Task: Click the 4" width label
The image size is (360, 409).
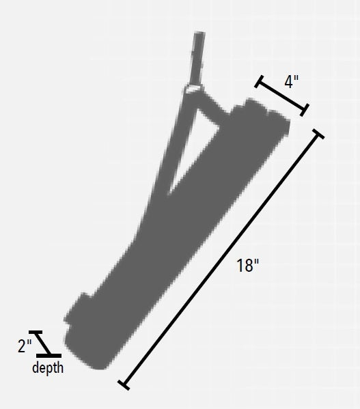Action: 292,82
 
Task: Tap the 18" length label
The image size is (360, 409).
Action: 248,266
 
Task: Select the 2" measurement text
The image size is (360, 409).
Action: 25,346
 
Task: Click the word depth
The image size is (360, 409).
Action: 48,369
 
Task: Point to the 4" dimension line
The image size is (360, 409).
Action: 282,95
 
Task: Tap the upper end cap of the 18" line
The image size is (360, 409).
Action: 317,132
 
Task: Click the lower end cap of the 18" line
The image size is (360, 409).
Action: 124,385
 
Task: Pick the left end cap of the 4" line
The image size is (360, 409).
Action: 259,82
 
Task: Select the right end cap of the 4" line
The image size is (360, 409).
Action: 305,108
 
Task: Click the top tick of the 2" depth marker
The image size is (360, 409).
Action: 36,333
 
